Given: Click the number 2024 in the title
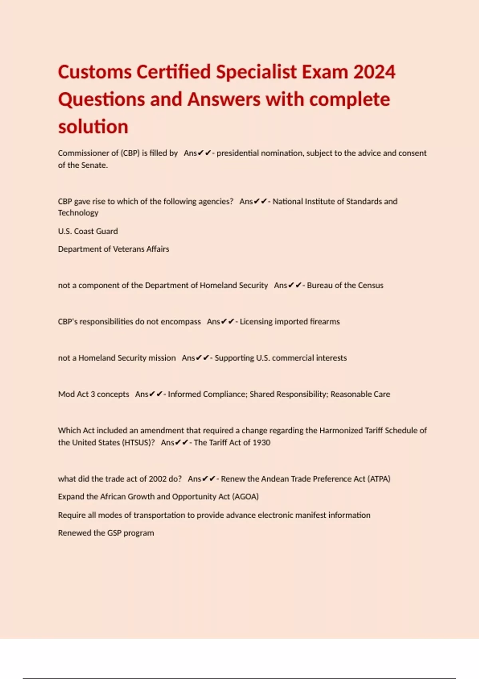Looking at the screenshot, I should point(374,72).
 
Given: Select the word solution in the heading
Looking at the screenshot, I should point(93,127).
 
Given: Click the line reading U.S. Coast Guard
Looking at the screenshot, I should point(88,231).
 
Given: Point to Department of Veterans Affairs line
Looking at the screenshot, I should point(113,249).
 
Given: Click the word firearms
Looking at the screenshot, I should point(325,322).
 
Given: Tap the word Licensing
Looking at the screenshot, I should point(256,322).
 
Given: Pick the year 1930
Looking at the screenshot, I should point(261,443).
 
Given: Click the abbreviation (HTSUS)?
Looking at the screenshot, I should point(138,443).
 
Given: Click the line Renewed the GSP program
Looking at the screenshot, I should point(106,533).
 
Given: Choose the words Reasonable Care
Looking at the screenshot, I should point(360,394).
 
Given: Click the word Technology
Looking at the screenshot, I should point(78,213).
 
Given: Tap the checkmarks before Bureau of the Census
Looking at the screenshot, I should point(295,285).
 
